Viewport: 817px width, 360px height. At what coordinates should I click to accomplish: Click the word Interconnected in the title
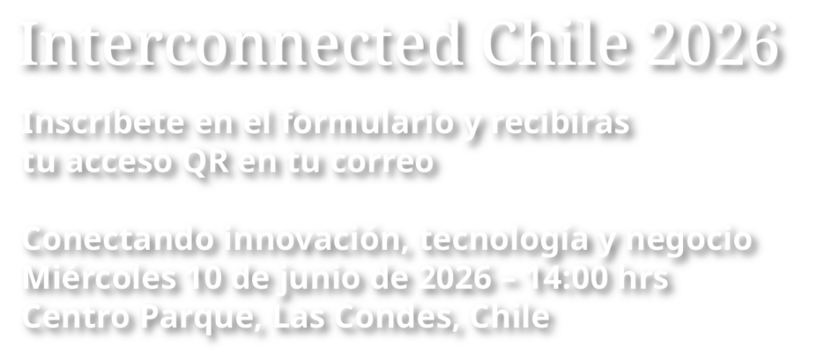point(243,44)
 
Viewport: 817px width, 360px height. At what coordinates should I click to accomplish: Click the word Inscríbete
point(104,124)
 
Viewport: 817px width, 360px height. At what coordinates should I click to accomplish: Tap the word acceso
point(120,162)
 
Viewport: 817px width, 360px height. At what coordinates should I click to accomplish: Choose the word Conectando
point(119,239)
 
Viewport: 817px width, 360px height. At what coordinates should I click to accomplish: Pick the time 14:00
point(568,279)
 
